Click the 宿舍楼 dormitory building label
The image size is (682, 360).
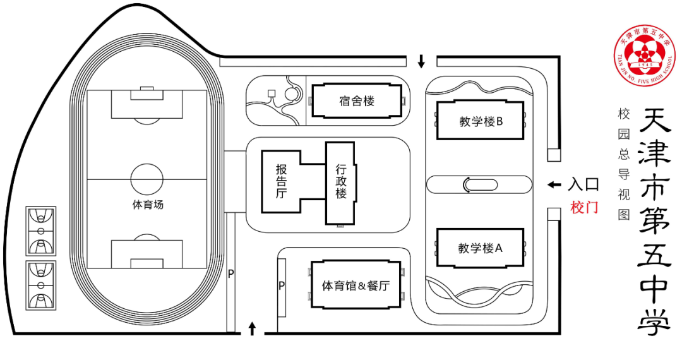[357, 101]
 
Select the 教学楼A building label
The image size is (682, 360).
[480, 248]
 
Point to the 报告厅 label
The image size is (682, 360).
[282, 181]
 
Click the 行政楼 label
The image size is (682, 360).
[341, 181]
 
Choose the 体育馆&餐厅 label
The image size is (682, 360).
[356, 286]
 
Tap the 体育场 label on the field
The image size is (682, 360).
[148, 205]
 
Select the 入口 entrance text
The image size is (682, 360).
[583, 184]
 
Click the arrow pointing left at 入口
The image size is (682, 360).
[554, 184]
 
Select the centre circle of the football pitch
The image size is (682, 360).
[147, 179]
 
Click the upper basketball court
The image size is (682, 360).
[41, 231]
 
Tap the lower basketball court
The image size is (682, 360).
[41, 285]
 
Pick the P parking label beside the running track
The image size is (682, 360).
[231, 273]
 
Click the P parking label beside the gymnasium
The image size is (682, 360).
[282, 285]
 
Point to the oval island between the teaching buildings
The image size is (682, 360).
[478, 184]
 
